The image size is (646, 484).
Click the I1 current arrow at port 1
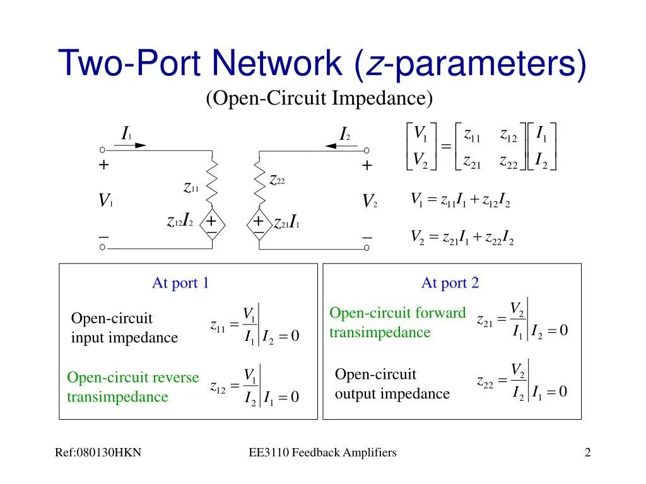coord(131,146)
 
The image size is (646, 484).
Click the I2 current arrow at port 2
coord(341,146)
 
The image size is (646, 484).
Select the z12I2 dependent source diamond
coord(212,224)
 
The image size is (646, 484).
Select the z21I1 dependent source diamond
coord(259,224)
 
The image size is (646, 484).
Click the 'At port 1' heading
coord(180,283)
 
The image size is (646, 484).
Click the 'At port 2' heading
coord(450,283)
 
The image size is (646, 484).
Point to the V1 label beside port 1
coord(105,202)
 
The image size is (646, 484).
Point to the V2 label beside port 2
coord(369,202)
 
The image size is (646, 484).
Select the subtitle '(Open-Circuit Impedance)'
coord(319,98)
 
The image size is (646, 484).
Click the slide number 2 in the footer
coord(587,452)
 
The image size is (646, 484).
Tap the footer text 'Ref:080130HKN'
coord(98,452)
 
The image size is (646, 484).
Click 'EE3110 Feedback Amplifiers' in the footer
coord(322,452)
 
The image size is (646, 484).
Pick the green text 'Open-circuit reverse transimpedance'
coord(132,387)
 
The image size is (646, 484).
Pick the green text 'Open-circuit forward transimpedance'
coord(397,322)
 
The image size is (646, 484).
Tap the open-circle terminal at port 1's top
coord(102,150)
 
